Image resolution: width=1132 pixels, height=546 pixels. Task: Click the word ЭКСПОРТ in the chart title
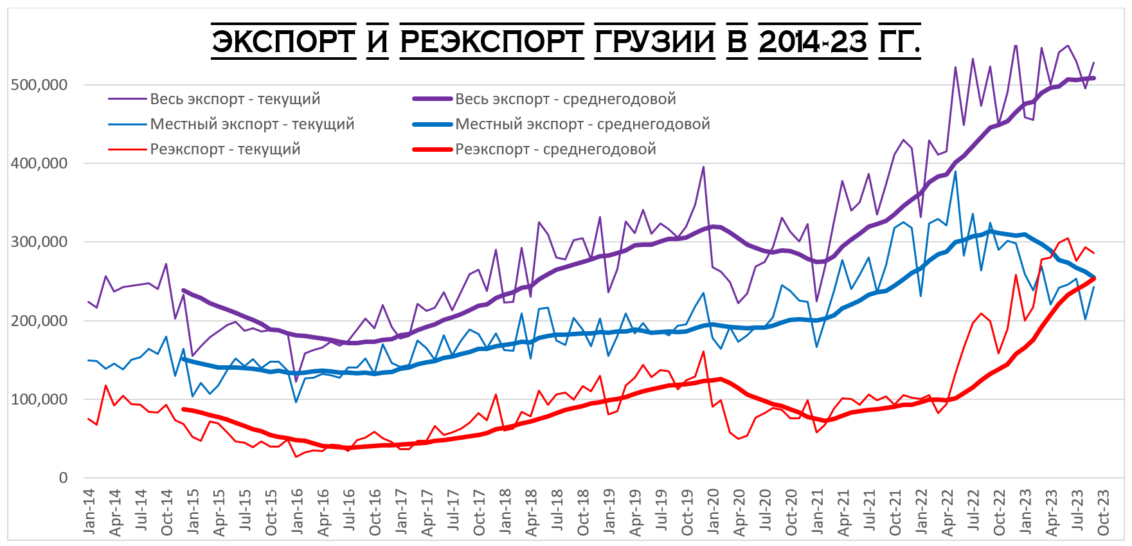[283, 42]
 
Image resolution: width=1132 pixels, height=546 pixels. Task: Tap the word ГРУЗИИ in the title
[654, 42]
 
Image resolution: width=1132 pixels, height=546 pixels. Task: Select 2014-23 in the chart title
[813, 42]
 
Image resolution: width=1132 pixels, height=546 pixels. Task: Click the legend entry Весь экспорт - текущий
[235, 99]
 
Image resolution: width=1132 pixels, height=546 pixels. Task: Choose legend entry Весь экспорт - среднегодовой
[565, 99]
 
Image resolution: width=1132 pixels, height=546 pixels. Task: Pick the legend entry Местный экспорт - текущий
[252, 124]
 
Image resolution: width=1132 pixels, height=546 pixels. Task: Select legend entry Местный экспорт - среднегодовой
[582, 124]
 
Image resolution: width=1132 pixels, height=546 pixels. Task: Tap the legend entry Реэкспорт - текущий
[225, 149]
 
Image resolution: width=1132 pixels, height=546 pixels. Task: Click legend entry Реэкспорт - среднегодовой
[555, 149]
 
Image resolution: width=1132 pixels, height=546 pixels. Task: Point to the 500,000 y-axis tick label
[39, 85]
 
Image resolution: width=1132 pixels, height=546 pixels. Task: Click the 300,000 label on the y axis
[39, 242]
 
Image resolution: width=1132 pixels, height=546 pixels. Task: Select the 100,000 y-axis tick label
[39, 399]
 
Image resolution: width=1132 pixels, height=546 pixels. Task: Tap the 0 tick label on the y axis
[63, 478]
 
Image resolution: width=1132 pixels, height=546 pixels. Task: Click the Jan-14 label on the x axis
[89, 511]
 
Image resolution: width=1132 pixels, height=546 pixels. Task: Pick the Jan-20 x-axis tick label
[713, 511]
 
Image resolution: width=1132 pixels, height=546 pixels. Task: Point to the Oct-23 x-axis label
[1103, 511]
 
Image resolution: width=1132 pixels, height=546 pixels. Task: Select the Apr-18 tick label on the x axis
[532, 511]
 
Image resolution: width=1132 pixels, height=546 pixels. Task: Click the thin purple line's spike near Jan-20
[703, 167]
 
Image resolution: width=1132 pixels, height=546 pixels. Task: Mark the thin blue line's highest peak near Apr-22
[955, 172]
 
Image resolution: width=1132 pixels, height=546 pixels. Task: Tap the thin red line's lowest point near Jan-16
[296, 457]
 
